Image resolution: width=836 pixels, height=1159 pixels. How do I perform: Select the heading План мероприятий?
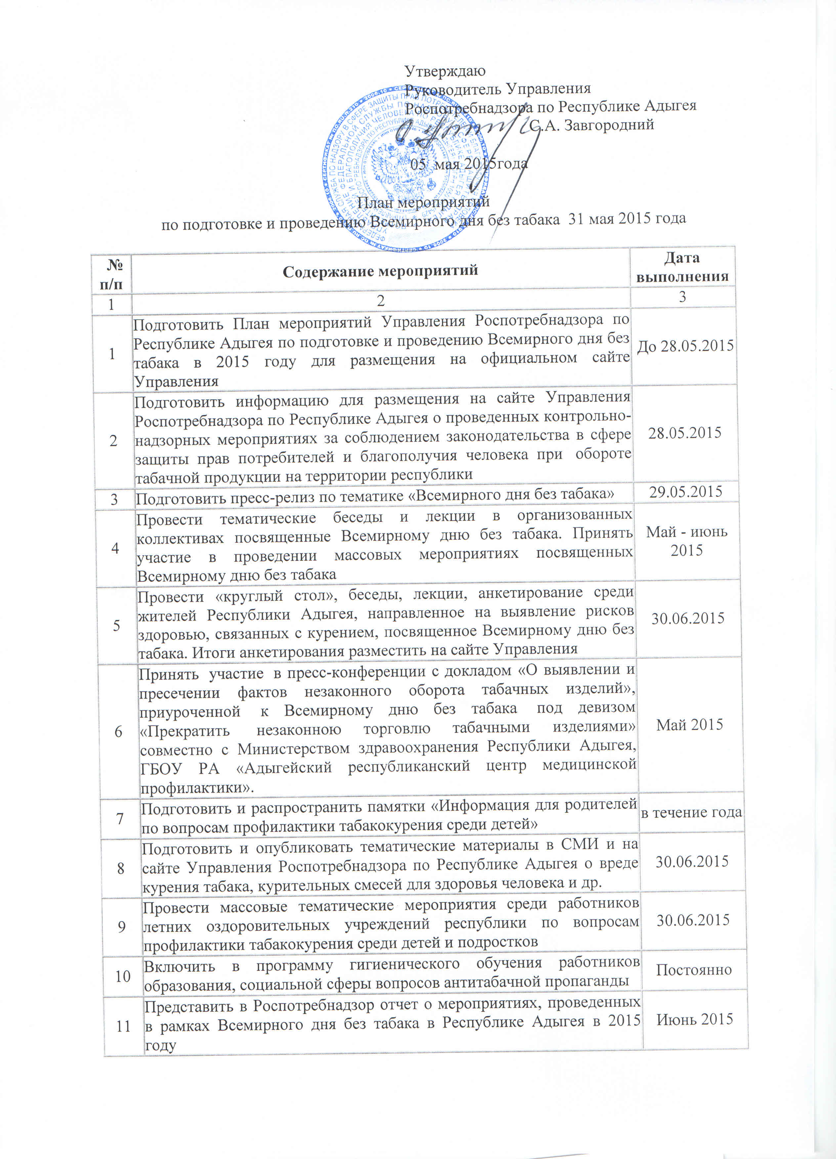point(423,202)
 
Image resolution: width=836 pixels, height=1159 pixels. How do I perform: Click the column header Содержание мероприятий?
point(380,270)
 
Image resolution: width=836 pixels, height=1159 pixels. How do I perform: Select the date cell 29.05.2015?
point(685,492)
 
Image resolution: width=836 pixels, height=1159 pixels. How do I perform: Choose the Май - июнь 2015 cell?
point(686,541)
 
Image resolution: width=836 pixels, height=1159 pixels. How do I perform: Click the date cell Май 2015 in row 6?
point(690,725)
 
